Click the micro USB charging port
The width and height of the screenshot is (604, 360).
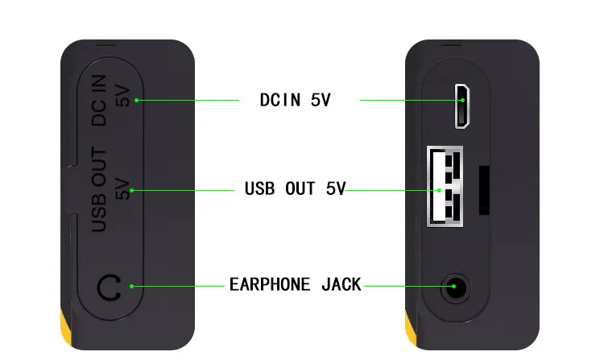point(461,106)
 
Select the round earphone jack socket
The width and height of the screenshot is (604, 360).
point(454,287)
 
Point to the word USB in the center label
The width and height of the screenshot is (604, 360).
point(260,190)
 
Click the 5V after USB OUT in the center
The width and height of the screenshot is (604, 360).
point(336,190)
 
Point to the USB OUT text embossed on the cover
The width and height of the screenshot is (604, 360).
point(99,191)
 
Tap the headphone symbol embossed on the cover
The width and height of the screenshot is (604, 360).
point(108,287)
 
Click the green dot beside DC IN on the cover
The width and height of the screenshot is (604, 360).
point(137,100)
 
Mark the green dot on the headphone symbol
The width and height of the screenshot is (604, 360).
point(130,286)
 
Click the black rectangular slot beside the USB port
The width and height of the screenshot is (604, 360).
point(485,190)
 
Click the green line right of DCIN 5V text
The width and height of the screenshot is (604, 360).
point(407,101)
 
